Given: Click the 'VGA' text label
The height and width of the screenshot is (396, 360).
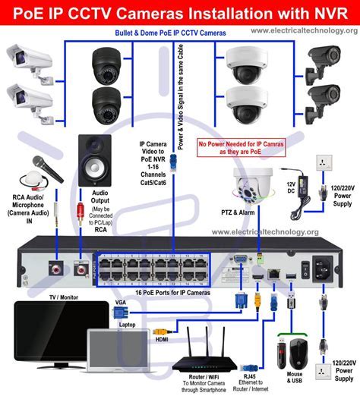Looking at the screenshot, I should pyautogui.click(x=121, y=302).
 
